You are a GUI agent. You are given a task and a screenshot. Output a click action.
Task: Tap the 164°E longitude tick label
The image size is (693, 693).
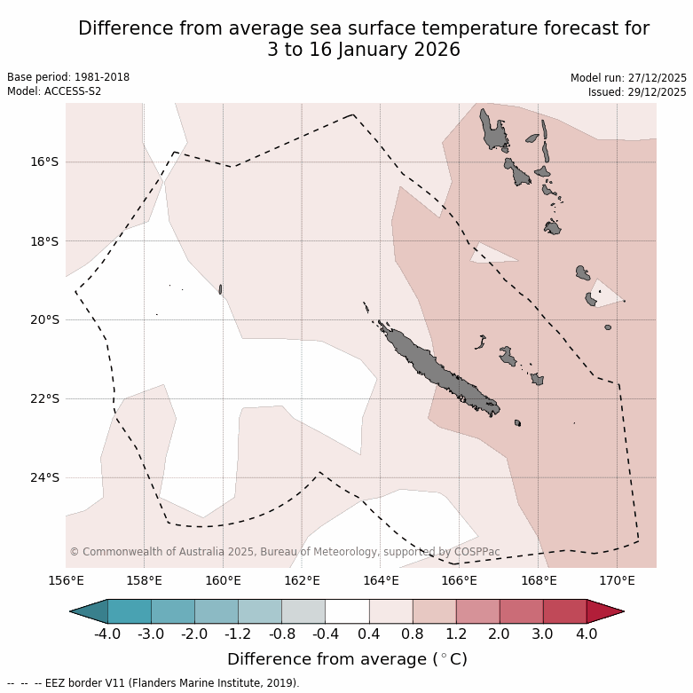[380, 581]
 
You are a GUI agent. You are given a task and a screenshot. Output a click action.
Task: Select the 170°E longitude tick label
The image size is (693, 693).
[617, 581]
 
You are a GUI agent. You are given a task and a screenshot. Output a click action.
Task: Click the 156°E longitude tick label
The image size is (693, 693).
[66, 581]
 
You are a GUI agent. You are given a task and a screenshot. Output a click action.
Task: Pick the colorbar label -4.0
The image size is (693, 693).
[107, 634]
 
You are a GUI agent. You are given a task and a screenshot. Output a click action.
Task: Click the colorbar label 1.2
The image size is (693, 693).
[456, 634]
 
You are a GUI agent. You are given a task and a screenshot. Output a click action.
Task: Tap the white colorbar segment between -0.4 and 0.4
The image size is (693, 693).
[347, 611]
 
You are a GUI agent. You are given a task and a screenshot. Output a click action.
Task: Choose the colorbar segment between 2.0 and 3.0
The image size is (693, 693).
[521, 611]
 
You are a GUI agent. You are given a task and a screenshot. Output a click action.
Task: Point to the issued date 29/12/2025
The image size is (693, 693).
[657, 92]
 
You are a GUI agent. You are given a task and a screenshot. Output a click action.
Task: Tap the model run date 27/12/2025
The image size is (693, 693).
[657, 78]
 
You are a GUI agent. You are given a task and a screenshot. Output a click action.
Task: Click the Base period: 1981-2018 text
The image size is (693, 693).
[68, 77]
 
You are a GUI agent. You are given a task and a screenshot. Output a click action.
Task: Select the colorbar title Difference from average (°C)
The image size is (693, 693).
[347, 659]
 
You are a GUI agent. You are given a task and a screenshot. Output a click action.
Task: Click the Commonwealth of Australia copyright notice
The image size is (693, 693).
[284, 552]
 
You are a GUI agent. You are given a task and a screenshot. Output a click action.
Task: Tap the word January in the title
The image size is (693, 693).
[366, 51]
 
